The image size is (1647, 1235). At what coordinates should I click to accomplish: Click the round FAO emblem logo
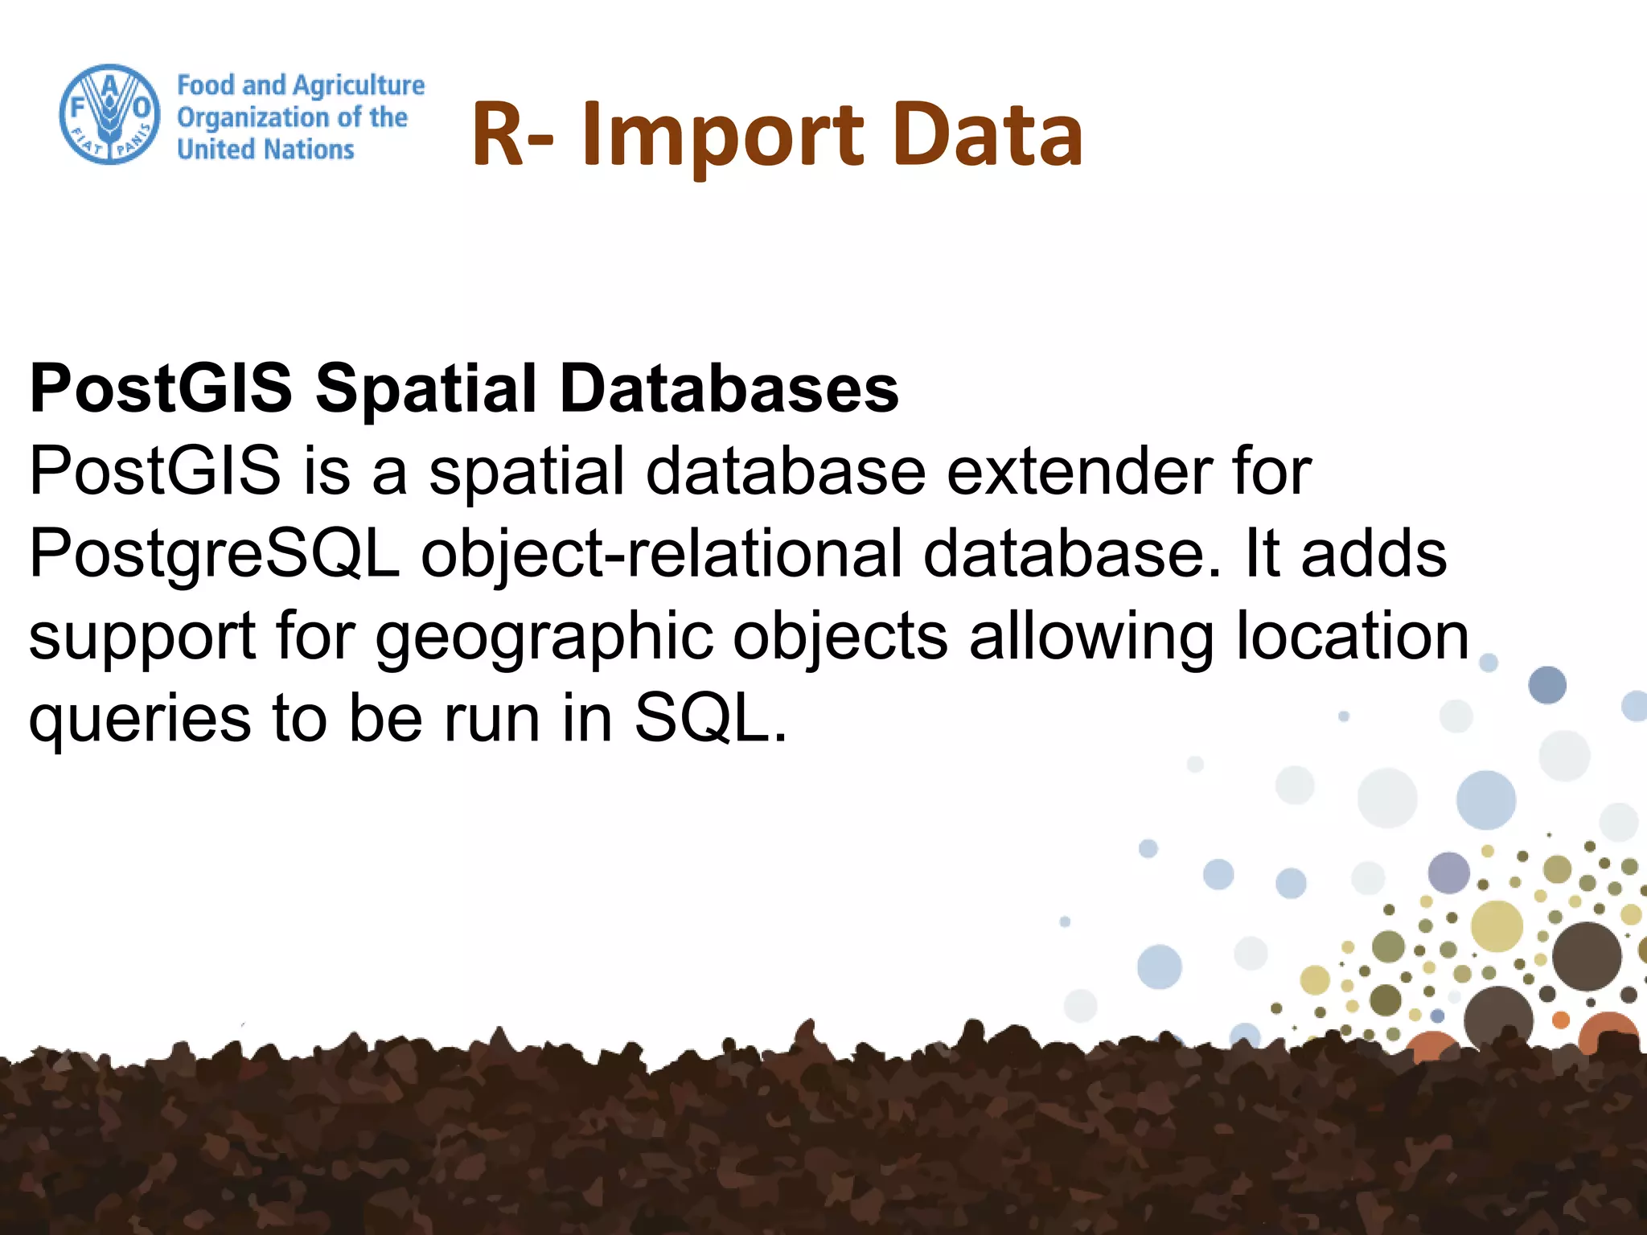click(x=110, y=114)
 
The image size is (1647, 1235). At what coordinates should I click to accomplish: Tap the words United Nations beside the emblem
click(x=265, y=150)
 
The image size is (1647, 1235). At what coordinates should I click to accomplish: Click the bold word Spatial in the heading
click(x=425, y=388)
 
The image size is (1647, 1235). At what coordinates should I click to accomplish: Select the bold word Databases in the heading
click(x=729, y=388)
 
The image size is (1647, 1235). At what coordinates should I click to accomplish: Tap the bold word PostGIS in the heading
click(x=160, y=388)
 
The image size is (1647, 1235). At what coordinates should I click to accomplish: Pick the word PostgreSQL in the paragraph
click(x=214, y=555)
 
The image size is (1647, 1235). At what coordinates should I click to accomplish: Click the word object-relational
click(x=661, y=555)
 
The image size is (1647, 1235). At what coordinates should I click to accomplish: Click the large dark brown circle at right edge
click(x=1586, y=956)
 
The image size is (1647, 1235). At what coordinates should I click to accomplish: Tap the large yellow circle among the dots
click(x=1497, y=925)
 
